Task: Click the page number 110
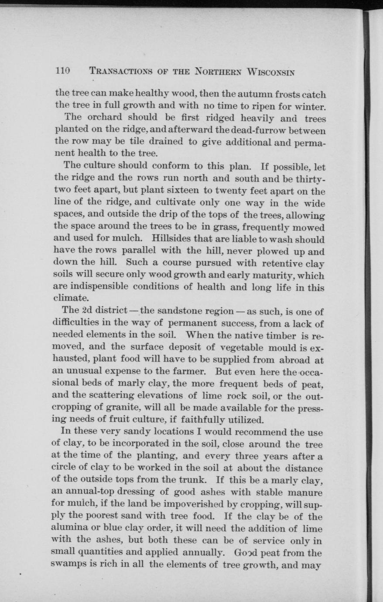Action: pyautogui.click(x=62, y=72)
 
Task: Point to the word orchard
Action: pyautogui.click(x=104, y=118)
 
